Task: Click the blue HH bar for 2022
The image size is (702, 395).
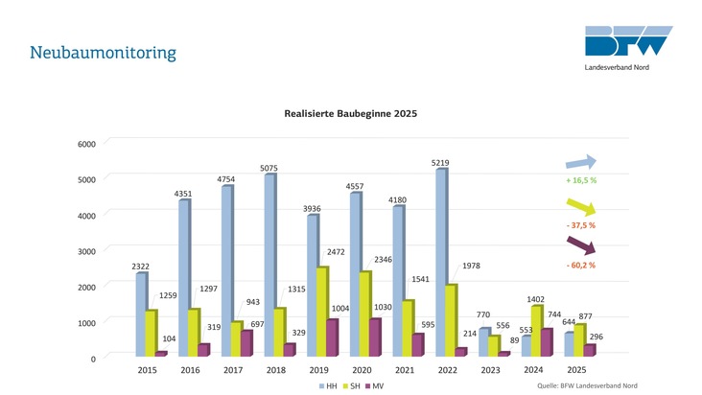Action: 441,264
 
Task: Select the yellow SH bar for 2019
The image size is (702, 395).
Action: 321,312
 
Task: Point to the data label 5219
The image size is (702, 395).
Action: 441,163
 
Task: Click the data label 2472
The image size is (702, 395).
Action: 336,251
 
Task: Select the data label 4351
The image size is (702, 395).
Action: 183,194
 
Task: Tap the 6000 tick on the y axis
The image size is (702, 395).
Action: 85,144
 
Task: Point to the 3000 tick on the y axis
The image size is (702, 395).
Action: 85,251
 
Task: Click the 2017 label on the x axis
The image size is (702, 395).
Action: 233,369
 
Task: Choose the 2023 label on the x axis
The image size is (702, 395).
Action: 491,369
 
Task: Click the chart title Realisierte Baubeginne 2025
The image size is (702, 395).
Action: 350,113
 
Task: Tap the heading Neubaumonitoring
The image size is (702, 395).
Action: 103,51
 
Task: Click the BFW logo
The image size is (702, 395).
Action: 629,43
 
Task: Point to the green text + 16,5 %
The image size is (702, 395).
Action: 581,179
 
